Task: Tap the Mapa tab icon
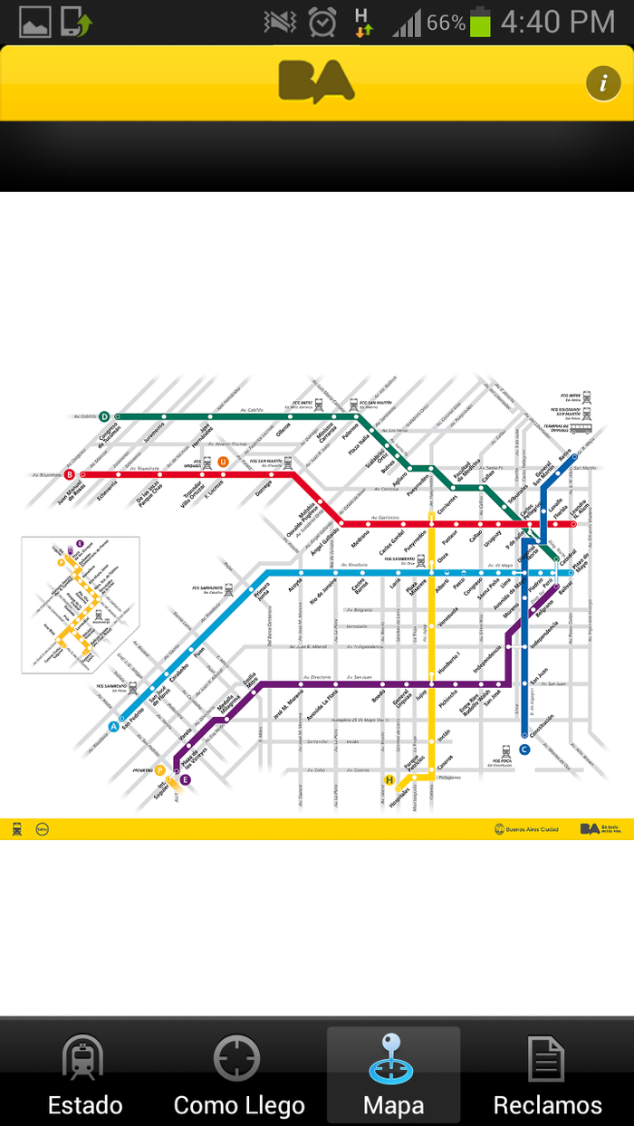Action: (392, 1058)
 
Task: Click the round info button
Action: (602, 82)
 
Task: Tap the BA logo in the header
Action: (315, 81)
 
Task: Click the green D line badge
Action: (104, 416)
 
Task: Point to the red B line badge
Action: (70, 473)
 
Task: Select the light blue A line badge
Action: (113, 726)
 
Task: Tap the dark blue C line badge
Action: (524, 749)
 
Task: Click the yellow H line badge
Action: (389, 780)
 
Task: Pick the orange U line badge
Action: (223, 463)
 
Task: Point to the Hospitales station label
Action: (398, 797)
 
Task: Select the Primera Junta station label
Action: (262, 596)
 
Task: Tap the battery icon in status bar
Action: (480, 22)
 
